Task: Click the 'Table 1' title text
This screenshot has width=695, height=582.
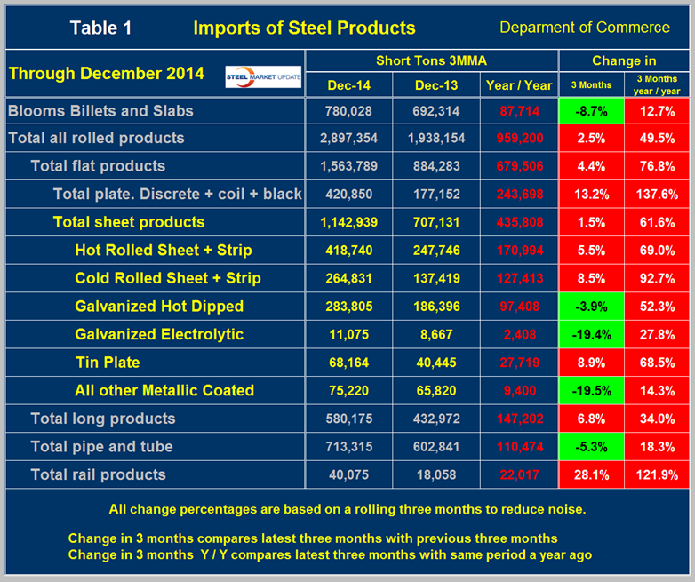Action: [100, 28]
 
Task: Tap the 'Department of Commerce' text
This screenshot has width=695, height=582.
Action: [585, 28]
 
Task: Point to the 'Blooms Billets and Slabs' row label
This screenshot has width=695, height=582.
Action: [100, 110]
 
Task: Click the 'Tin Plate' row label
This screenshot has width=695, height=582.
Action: [108, 363]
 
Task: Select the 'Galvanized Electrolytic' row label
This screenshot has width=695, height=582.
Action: [159, 334]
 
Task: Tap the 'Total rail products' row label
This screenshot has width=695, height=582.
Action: [98, 474]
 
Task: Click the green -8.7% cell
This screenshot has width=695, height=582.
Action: [591, 110]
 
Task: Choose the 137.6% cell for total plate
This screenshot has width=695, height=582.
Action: [658, 195]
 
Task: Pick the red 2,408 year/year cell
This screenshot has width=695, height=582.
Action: [519, 335]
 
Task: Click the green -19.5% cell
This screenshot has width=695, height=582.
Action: [591, 391]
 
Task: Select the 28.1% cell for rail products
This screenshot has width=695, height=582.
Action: [591, 474]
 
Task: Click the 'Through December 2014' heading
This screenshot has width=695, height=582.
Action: [107, 73]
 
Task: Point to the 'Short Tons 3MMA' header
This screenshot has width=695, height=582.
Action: [431, 60]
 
